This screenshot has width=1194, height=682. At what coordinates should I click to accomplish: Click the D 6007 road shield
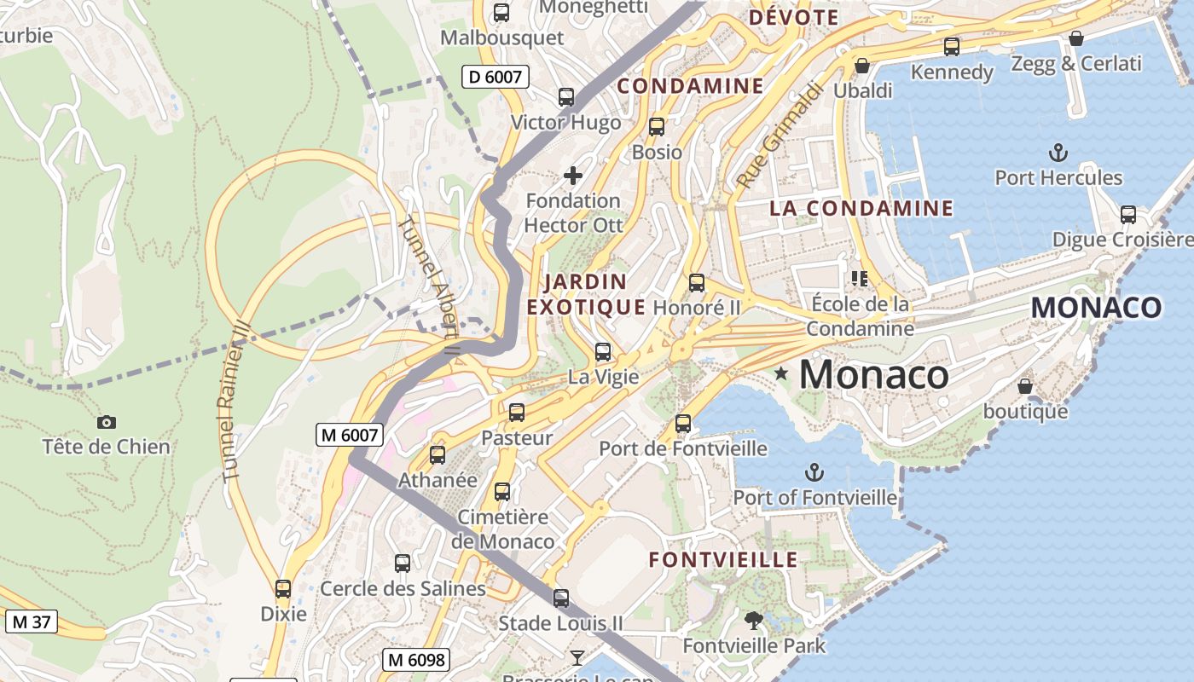point(495,77)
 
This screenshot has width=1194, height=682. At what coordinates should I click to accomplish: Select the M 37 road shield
point(31,621)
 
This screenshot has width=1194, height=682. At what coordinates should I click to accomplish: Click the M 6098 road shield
point(415,659)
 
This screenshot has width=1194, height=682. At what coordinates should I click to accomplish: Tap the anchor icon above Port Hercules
point(1058,153)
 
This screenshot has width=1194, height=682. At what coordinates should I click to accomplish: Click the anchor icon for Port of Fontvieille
point(814,472)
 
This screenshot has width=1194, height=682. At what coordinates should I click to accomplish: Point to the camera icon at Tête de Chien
point(107,422)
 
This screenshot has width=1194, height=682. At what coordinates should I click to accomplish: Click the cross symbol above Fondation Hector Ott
point(573,176)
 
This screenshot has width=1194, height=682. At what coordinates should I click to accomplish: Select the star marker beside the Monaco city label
point(780,373)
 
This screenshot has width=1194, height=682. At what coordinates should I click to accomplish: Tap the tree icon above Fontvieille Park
point(753,621)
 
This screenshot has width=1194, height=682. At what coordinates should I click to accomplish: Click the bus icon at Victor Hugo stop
point(566,97)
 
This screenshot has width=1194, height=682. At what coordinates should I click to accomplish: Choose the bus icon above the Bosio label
point(656,127)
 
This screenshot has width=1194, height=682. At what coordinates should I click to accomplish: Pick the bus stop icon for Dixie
point(283,589)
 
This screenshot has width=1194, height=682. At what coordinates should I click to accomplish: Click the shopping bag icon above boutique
point(1025,386)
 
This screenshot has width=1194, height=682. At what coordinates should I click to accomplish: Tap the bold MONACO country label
point(1096,308)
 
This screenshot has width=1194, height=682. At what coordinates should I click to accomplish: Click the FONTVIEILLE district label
point(723,560)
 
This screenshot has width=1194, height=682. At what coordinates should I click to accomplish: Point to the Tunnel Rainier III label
point(233,401)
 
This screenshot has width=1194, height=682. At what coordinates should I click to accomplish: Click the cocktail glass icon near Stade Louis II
point(577,656)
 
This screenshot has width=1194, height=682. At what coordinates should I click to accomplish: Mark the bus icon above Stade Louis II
point(560,598)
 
